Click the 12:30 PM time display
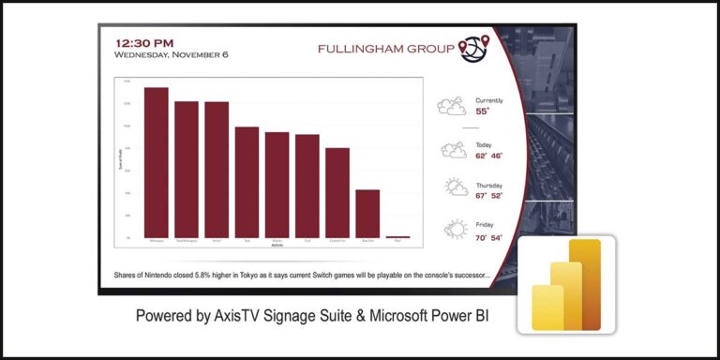click(143, 42)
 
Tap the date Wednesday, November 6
click(171, 54)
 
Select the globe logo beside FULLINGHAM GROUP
click(473, 48)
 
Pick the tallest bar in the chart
click(157, 162)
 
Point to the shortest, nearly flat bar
click(397, 237)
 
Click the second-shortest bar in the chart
click(367, 214)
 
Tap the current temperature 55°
click(482, 111)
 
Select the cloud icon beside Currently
click(452, 106)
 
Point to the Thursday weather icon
click(456, 187)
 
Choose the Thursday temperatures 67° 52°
click(488, 196)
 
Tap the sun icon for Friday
click(456, 229)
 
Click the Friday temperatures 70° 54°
click(488, 238)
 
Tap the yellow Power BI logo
click(566, 283)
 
